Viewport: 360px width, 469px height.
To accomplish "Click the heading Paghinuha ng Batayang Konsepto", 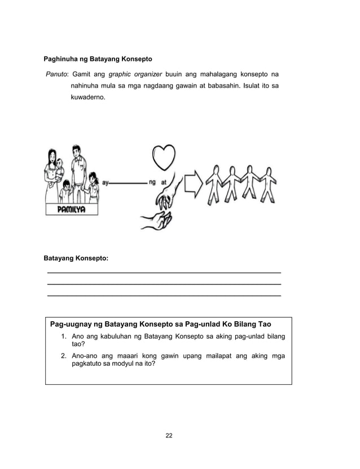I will (x=98, y=59).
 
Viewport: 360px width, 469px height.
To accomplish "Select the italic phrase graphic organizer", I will (x=135, y=74).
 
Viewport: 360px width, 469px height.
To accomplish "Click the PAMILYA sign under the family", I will (x=71, y=209).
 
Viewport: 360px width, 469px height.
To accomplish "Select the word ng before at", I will (x=152, y=182).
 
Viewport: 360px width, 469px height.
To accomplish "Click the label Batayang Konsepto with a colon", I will (x=76, y=258).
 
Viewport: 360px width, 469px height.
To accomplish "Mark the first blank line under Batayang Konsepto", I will (x=164, y=273).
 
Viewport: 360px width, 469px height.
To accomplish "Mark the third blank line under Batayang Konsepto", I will (x=164, y=296).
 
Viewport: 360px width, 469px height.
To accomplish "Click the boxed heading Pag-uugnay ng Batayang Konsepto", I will (x=161, y=325).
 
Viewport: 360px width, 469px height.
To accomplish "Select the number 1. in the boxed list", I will (x=64, y=337).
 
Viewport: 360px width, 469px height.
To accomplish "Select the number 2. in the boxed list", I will (x=64, y=356).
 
